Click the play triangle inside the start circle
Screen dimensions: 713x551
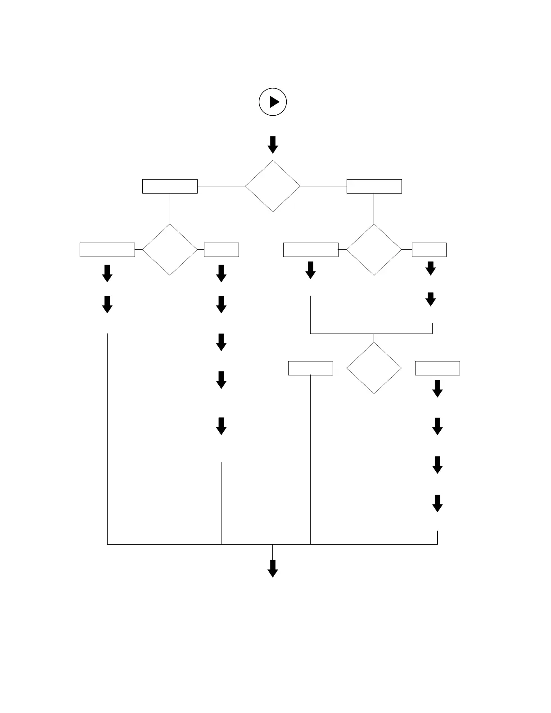tap(274, 102)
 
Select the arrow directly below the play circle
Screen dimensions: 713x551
tap(273, 144)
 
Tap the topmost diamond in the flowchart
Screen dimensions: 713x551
tap(273, 186)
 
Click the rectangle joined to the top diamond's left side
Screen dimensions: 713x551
tap(170, 186)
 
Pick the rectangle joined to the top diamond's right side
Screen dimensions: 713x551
tap(374, 186)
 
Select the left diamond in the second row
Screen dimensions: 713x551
tap(170, 249)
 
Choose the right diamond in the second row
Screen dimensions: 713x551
tap(374, 249)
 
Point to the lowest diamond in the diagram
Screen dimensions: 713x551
tap(374, 368)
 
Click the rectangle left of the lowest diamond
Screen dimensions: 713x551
tap(311, 368)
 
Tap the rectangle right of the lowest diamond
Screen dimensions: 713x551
tap(438, 368)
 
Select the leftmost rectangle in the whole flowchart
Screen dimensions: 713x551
tap(107, 249)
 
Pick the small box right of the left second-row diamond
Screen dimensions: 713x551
tap(221, 249)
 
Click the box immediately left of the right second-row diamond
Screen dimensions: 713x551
tap(311, 249)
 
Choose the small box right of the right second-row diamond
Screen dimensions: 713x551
tap(429, 249)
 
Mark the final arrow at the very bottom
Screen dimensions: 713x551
tap(273, 569)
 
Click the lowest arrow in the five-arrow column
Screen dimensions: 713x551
tap(221, 426)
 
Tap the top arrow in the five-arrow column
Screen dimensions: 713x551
tap(221, 273)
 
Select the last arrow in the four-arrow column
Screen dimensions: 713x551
tap(438, 503)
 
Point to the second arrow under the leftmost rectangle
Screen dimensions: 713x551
tap(107, 304)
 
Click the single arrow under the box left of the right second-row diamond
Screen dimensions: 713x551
tap(311, 270)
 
